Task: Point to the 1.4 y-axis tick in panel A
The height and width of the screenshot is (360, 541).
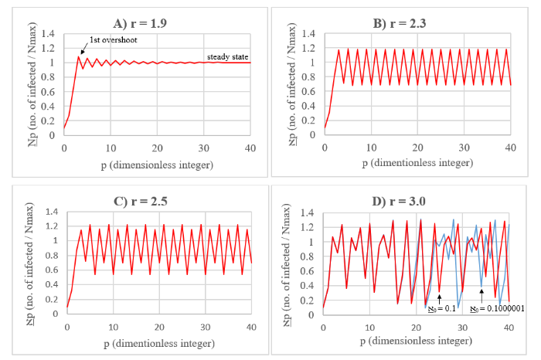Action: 52,34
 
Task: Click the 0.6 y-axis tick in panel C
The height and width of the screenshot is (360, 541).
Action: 52,270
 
